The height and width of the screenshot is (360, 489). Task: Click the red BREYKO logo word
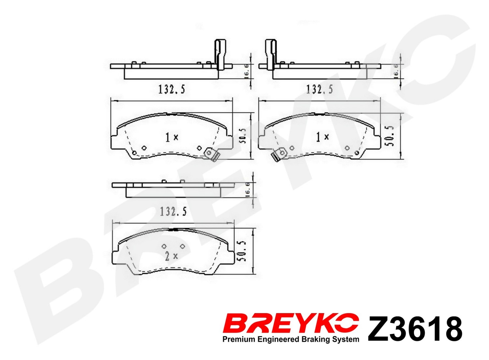coord(290,327)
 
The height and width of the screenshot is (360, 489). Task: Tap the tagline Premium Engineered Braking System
coord(290,340)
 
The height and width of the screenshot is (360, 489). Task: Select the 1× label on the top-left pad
coord(172,137)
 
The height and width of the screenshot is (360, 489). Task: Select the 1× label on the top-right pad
coord(322,137)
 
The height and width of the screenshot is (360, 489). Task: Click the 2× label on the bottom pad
coord(171,256)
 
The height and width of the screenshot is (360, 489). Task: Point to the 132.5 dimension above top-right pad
coord(320,89)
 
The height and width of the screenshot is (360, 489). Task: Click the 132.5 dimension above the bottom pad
coord(173,211)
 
